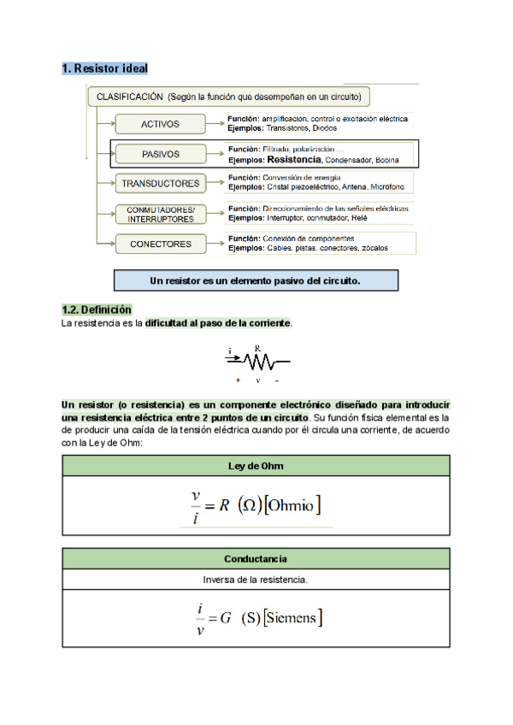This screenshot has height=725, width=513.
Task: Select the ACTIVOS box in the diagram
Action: [x=160, y=124]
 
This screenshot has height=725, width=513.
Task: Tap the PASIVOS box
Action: [x=160, y=154]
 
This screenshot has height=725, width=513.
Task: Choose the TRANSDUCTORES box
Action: [x=160, y=183]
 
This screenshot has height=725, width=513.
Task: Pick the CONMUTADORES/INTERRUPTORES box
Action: [x=160, y=214]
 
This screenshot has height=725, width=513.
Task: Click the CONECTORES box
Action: [x=160, y=244]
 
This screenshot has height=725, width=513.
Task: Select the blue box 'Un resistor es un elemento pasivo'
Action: [x=256, y=280]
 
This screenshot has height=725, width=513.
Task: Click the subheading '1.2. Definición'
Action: [x=97, y=309]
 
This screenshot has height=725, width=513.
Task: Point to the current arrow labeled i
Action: [x=233, y=357]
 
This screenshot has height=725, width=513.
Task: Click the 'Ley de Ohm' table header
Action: [x=256, y=466]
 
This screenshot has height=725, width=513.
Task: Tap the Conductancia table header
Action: [x=256, y=558]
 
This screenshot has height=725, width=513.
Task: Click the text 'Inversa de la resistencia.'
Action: [x=256, y=580]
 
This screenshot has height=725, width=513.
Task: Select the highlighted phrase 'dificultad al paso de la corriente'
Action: [x=218, y=323]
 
